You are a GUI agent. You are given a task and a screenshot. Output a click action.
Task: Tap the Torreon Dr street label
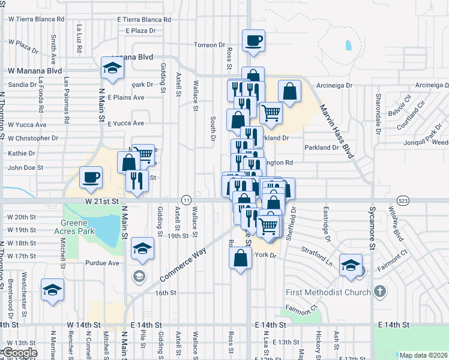click(209, 45)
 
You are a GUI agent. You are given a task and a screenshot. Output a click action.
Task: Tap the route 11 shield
click(187, 199)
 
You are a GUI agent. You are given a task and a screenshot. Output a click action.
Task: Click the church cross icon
click(379, 292)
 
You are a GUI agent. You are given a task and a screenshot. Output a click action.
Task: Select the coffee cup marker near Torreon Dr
click(253, 41)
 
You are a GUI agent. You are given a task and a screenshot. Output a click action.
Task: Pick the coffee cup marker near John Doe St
click(91, 177)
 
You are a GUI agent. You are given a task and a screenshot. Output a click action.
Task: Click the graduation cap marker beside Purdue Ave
click(142, 248)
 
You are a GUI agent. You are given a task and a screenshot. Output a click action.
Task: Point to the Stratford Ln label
click(317, 259)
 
